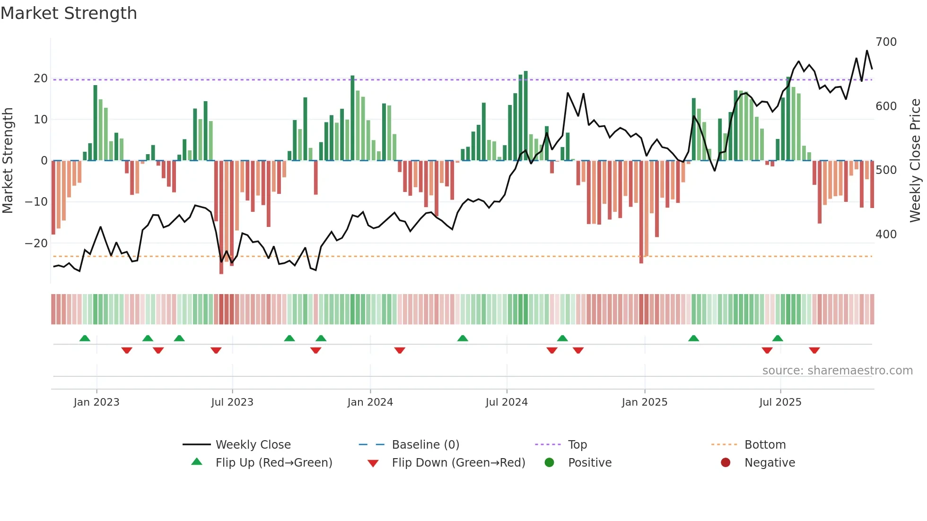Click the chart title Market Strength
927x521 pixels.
[x=69, y=13]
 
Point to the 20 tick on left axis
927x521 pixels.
[x=41, y=78]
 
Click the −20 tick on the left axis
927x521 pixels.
[x=36, y=243]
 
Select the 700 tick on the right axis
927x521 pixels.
[x=886, y=42]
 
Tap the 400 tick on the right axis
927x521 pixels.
[x=886, y=234]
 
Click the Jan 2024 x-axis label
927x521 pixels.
[x=370, y=402]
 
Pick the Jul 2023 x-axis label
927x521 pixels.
[x=232, y=402]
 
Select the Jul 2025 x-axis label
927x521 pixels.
[x=780, y=402]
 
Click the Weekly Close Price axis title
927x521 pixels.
[x=915, y=161]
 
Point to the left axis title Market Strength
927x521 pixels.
[x=8, y=161]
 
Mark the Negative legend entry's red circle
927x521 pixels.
[x=726, y=463]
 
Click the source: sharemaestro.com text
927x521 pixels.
[x=837, y=371]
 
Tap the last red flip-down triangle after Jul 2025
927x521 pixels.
[x=814, y=350]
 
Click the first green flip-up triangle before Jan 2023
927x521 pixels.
[x=85, y=339]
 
